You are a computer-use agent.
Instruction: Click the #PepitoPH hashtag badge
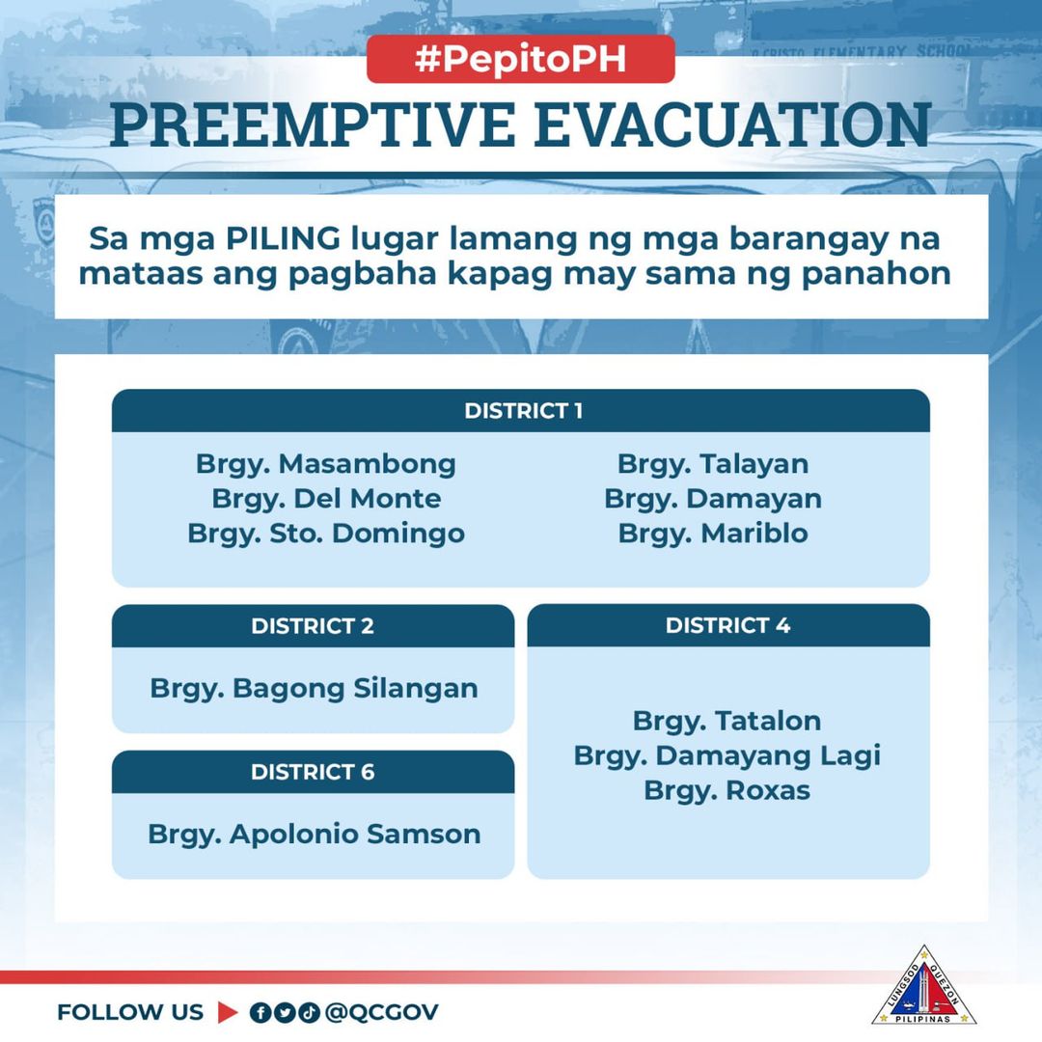pyautogui.click(x=520, y=59)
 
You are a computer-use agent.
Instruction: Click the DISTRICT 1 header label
pyautogui.click(x=522, y=411)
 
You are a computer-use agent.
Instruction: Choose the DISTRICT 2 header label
pyautogui.click(x=313, y=626)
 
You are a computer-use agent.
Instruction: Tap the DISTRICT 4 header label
pyautogui.click(x=727, y=625)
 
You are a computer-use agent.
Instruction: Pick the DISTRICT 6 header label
pyautogui.click(x=313, y=772)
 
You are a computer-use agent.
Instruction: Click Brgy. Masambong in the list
pyautogui.click(x=326, y=464)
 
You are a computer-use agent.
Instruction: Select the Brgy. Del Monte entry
pyautogui.click(x=326, y=499)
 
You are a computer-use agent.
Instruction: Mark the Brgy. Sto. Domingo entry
pyautogui.click(x=326, y=534)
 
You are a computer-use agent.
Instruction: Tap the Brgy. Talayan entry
pyautogui.click(x=713, y=464)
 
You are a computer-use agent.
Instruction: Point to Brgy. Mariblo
pyautogui.click(x=713, y=534)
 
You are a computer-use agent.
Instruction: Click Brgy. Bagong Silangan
pyautogui.click(x=314, y=689)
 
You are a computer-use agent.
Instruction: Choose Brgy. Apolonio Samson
pyautogui.click(x=314, y=835)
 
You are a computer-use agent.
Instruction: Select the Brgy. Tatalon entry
pyautogui.click(x=727, y=721)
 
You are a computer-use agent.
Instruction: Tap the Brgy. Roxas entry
pyautogui.click(x=727, y=791)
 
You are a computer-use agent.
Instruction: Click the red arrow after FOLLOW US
pyautogui.click(x=228, y=1012)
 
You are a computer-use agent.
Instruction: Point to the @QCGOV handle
pyautogui.click(x=382, y=1012)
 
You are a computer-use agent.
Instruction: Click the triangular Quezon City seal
pyautogui.click(x=923, y=986)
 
